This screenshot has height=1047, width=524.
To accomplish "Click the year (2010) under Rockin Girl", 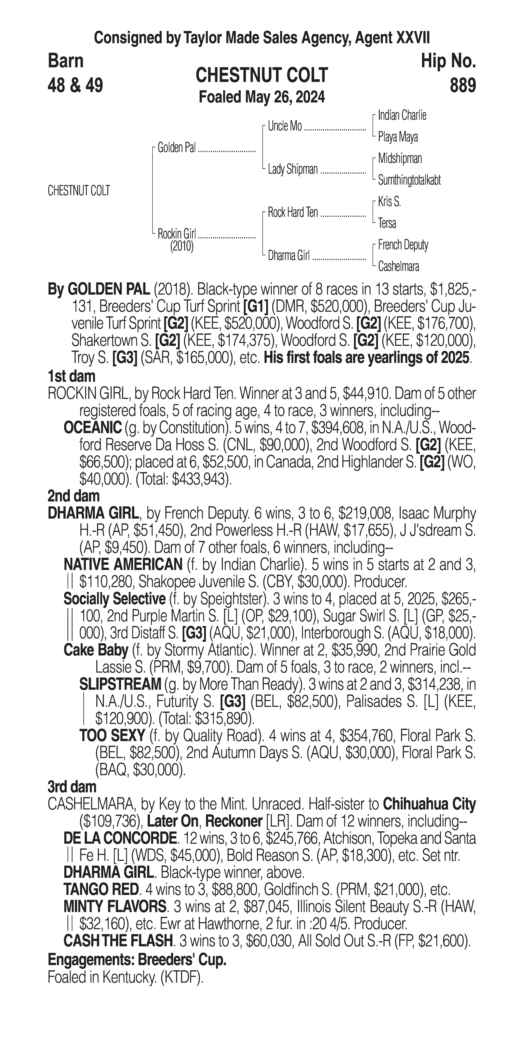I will pos(182,246).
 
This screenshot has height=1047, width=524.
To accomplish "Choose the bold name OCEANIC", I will pos(93,428).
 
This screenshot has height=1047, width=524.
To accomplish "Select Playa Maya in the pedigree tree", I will pos(398,137).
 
